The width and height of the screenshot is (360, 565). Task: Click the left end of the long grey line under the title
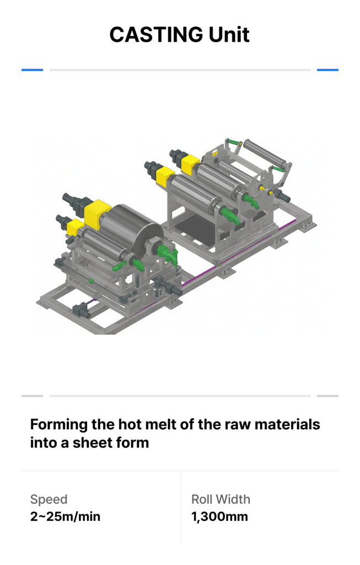(x=50, y=70)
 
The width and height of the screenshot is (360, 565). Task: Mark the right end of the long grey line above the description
(x=310, y=396)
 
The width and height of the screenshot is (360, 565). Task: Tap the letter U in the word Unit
(x=215, y=35)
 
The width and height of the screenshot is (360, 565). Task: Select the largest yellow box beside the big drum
(x=98, y=215)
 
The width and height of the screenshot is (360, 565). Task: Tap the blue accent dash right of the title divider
(x=327, y=70)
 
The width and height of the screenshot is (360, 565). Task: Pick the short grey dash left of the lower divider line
(x=32, y=396)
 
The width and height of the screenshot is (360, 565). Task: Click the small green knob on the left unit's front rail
(x=91, y=280)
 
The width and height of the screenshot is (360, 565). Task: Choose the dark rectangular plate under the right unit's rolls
(x=197, y=225)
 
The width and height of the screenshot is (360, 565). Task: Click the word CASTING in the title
(x=156, y=35)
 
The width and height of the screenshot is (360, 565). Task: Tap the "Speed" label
(x=49, y=499)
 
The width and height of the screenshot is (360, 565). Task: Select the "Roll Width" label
(x=221, y=499)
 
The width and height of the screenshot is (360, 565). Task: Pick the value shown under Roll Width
(x=219, y=516)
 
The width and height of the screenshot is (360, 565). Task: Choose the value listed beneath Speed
(x=65, y=516)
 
